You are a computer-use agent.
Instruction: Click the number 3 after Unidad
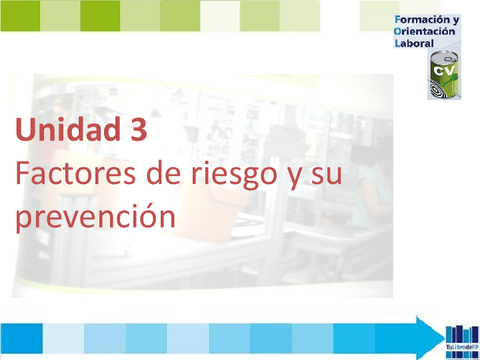140,131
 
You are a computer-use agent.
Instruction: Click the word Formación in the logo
421,20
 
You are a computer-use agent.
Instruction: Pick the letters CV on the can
442,73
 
